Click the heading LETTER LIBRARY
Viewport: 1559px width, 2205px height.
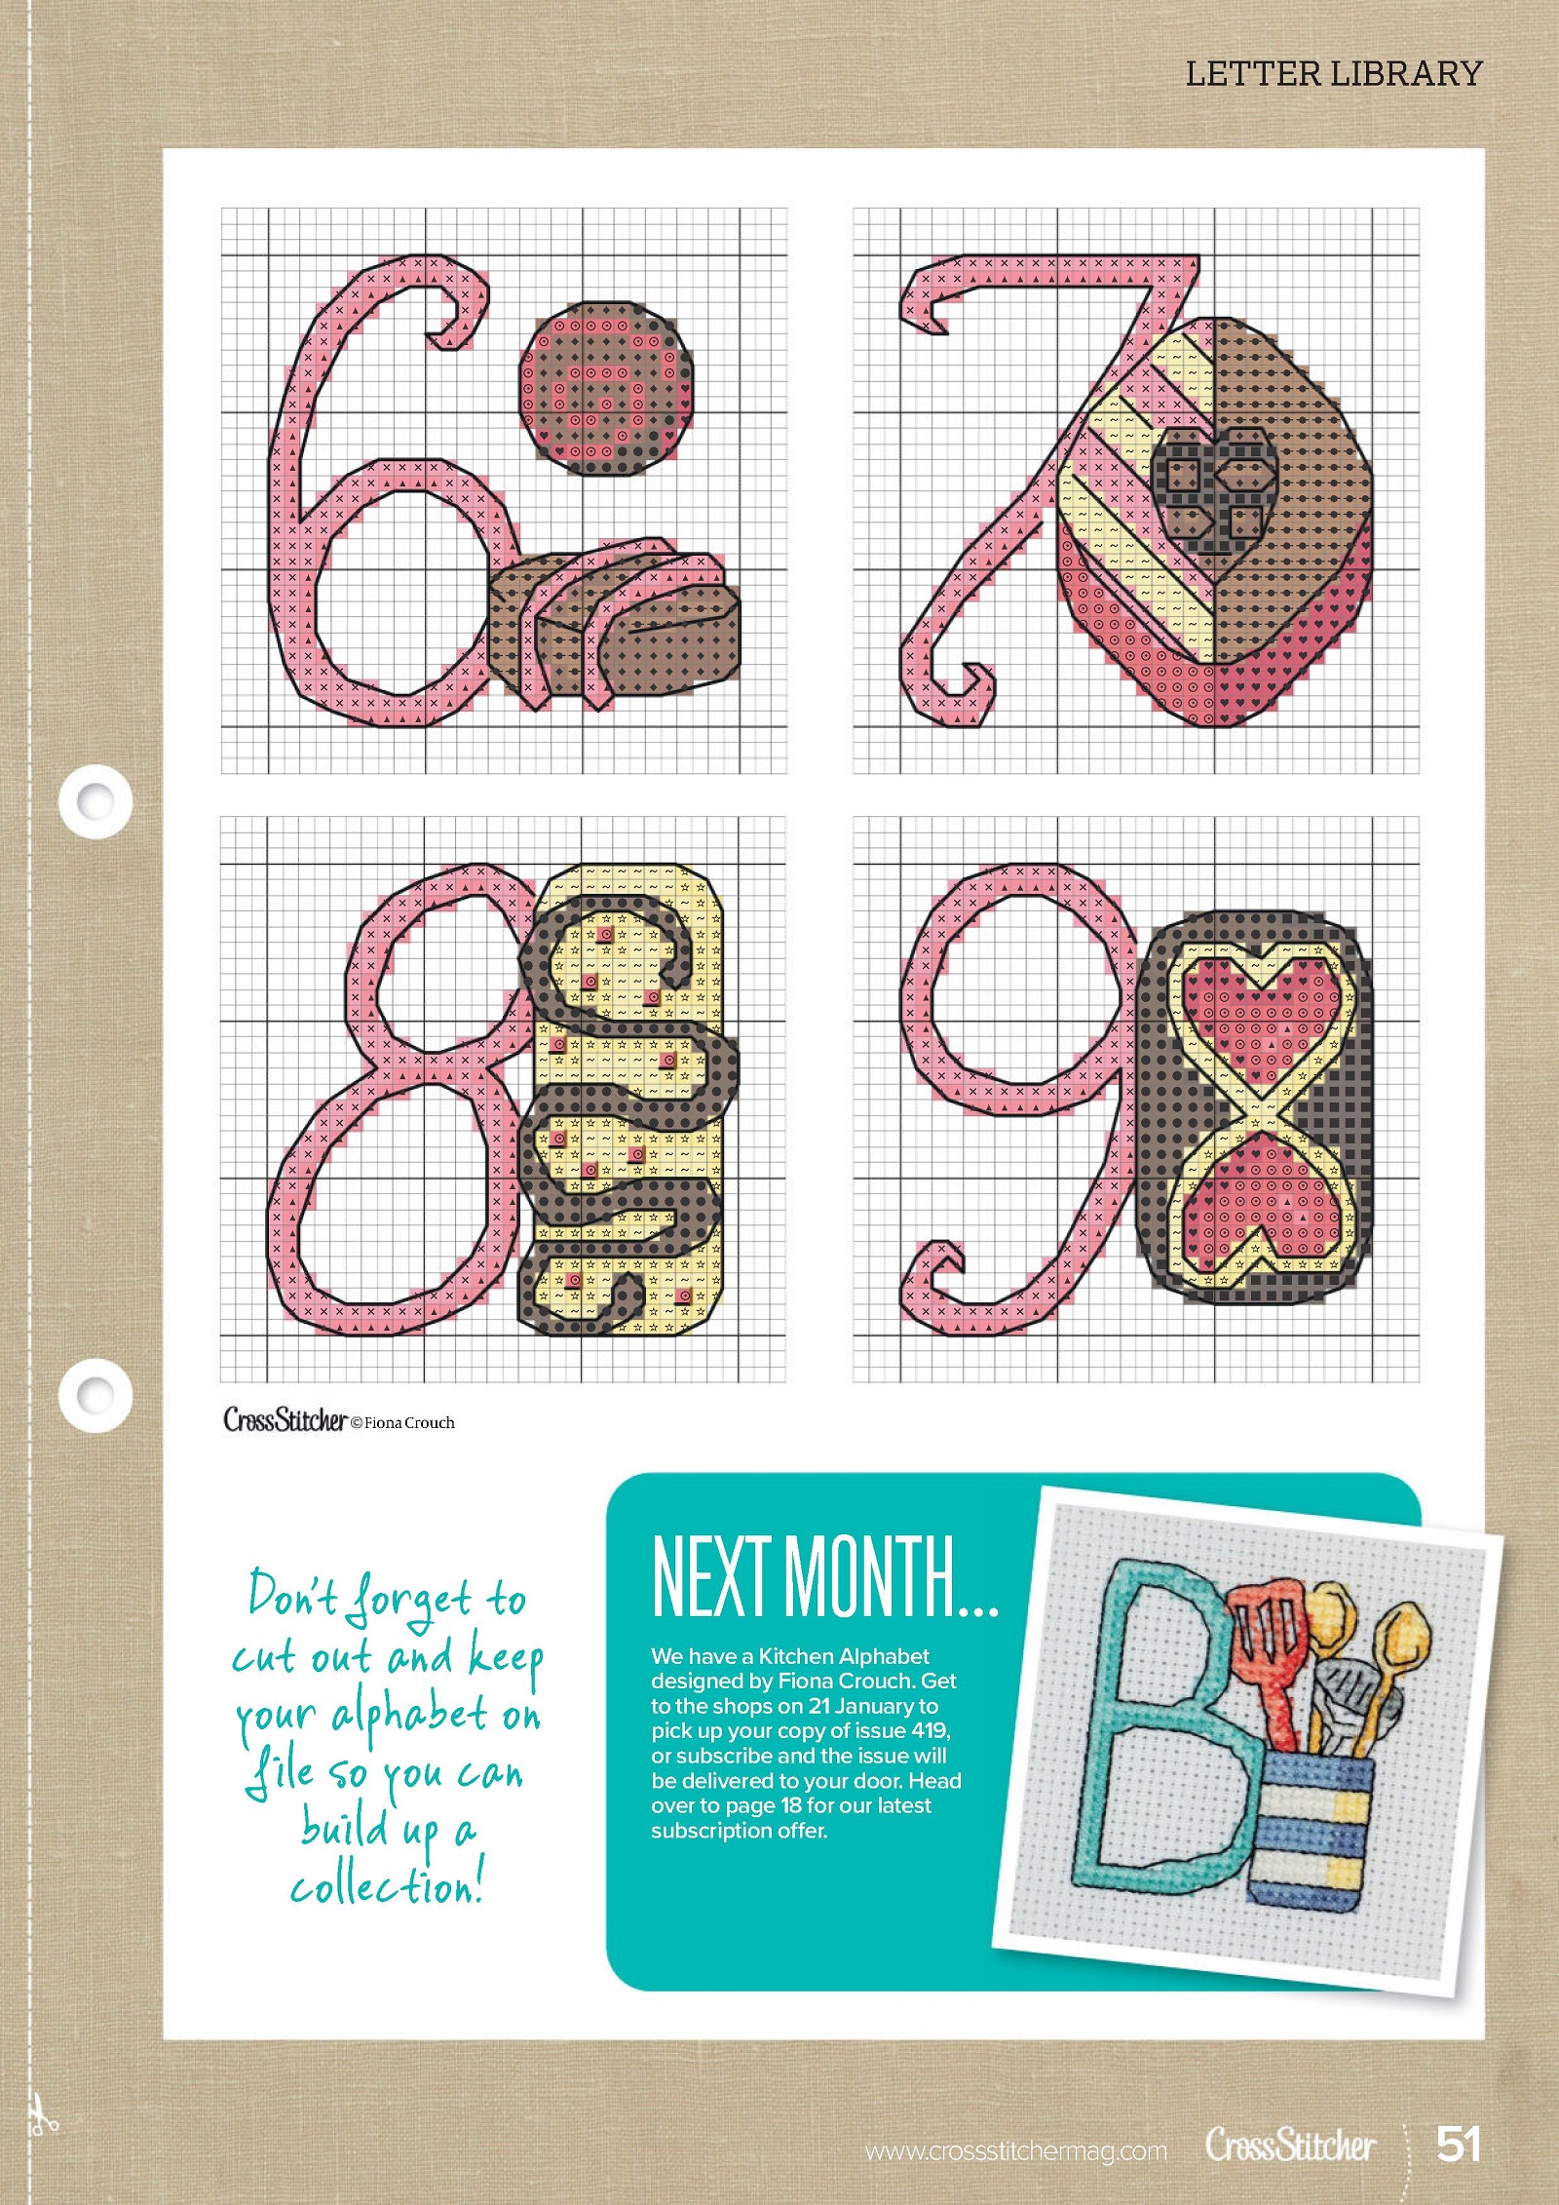[x=1333, y=74]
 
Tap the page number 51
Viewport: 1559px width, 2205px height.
[x=1459, y=2144]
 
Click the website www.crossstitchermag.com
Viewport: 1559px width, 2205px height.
[x=1015, y=2151]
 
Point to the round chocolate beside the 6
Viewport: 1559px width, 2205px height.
[x=606, y=388]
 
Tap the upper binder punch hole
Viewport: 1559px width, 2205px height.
[x=95, y=800]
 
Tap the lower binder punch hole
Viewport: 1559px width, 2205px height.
[x=95, y=1395]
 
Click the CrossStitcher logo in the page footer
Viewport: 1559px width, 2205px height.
[x=1290, y=2145]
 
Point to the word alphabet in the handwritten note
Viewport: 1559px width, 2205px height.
[x=409, y=1717]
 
